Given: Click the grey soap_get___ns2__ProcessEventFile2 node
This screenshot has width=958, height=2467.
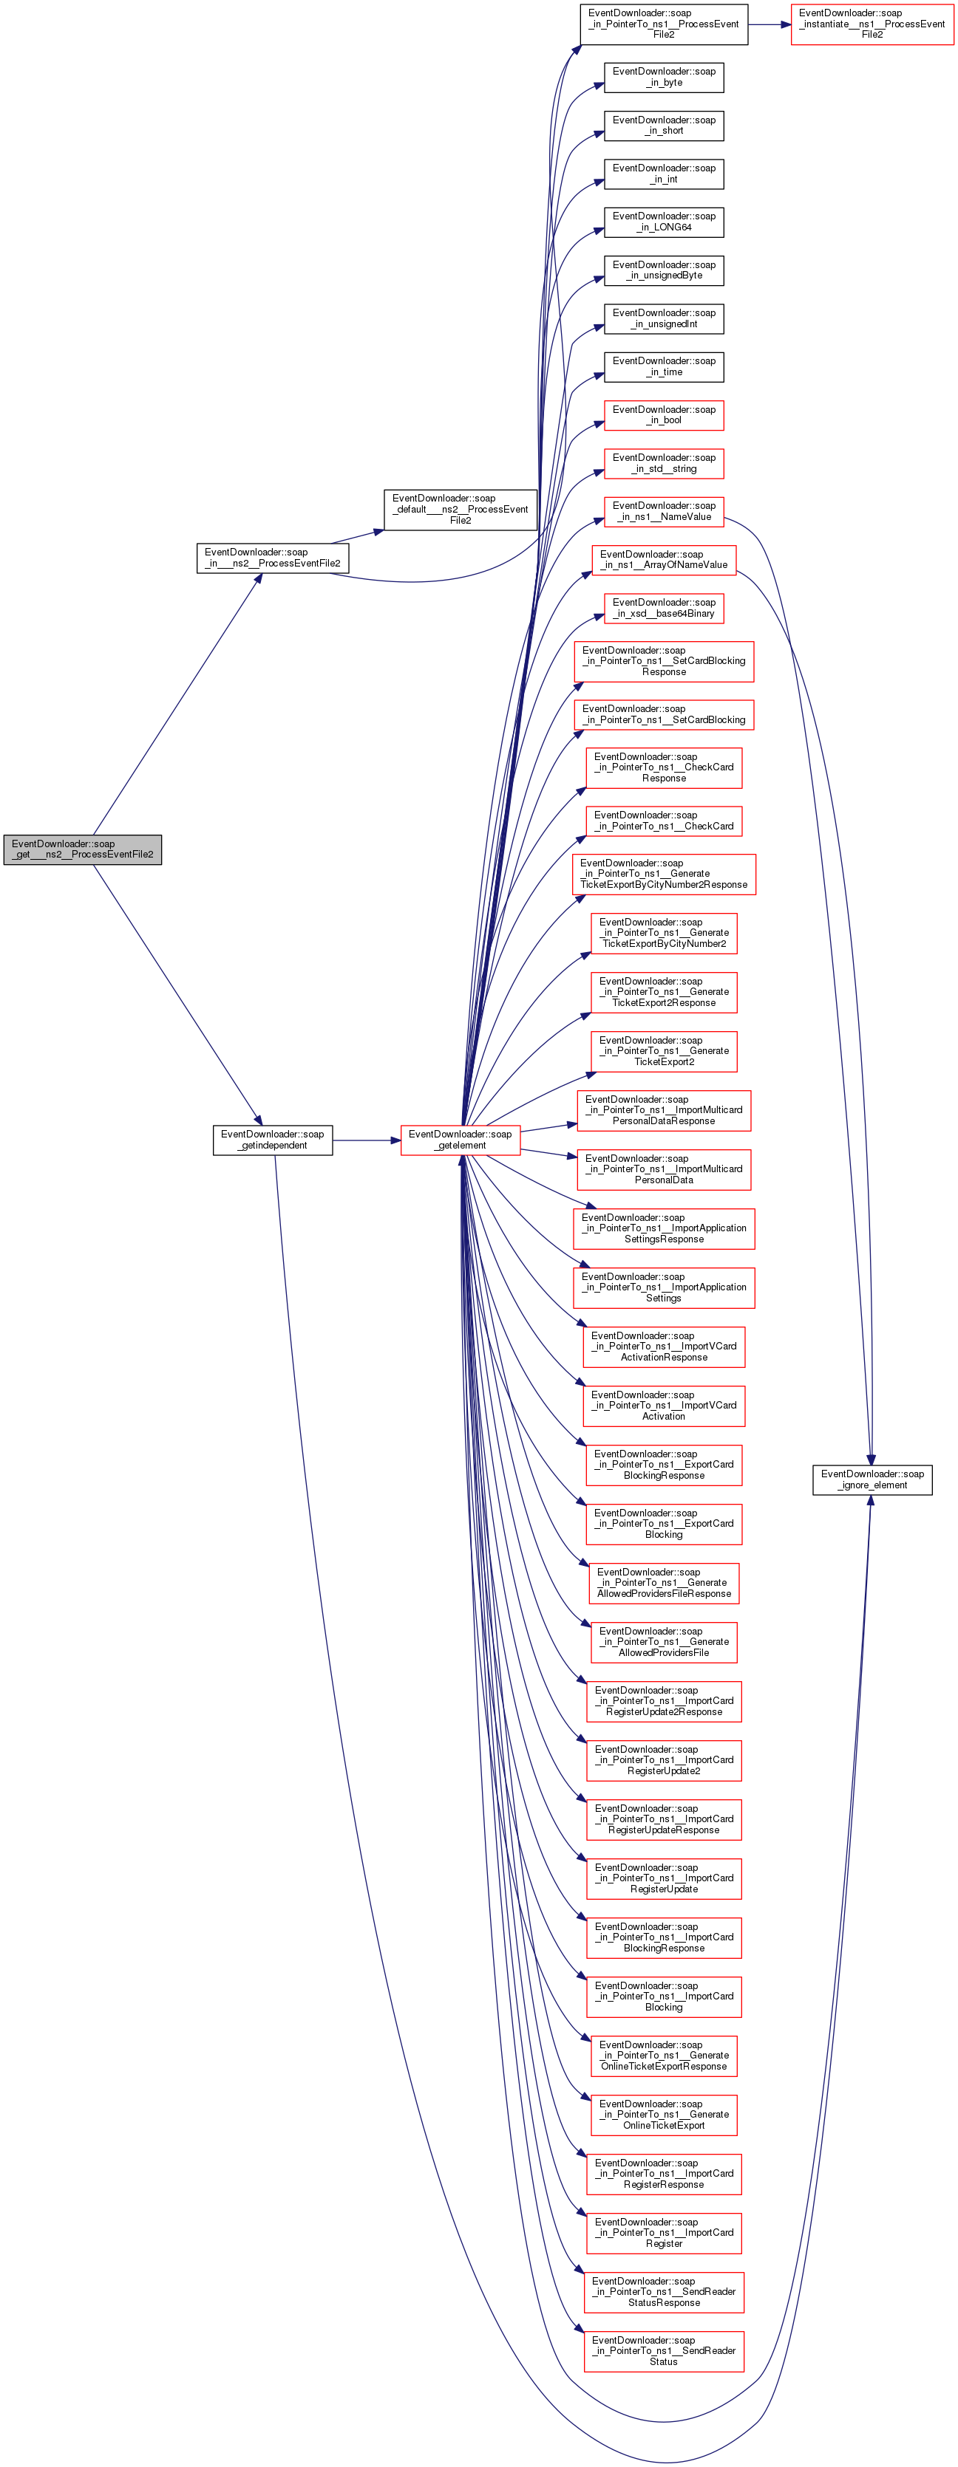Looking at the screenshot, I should (82, 849).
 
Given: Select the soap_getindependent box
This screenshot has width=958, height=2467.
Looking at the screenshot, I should (273, 1140).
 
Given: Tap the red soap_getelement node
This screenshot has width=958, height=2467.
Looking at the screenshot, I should (461, 1140).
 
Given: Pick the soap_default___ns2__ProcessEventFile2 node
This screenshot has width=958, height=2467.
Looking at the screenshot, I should (461, 510).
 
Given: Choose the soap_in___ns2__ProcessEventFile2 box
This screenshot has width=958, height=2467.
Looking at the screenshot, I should (273, 558).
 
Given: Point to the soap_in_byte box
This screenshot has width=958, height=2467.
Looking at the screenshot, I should (664, 78).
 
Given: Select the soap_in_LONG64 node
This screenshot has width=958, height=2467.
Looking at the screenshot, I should (664, 222).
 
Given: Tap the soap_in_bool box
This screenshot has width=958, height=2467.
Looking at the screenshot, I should (664, 414).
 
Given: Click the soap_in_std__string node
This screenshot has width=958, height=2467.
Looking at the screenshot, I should (664, 464).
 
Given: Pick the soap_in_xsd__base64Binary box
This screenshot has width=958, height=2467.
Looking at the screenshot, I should (664, 608).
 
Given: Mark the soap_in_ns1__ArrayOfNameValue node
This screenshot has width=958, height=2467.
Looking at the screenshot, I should (664, 559).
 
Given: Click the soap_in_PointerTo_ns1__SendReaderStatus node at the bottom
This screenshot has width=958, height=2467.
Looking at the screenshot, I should (664, 2351).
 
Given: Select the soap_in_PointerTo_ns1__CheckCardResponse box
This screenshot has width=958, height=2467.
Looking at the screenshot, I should (664, 767).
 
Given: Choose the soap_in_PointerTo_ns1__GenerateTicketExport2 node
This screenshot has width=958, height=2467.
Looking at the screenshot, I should (664, 1050).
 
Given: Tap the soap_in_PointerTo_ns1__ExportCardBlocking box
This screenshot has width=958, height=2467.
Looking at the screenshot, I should (664, 1524).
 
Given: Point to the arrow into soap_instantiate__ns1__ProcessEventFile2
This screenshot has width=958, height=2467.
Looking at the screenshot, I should (770, 24).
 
